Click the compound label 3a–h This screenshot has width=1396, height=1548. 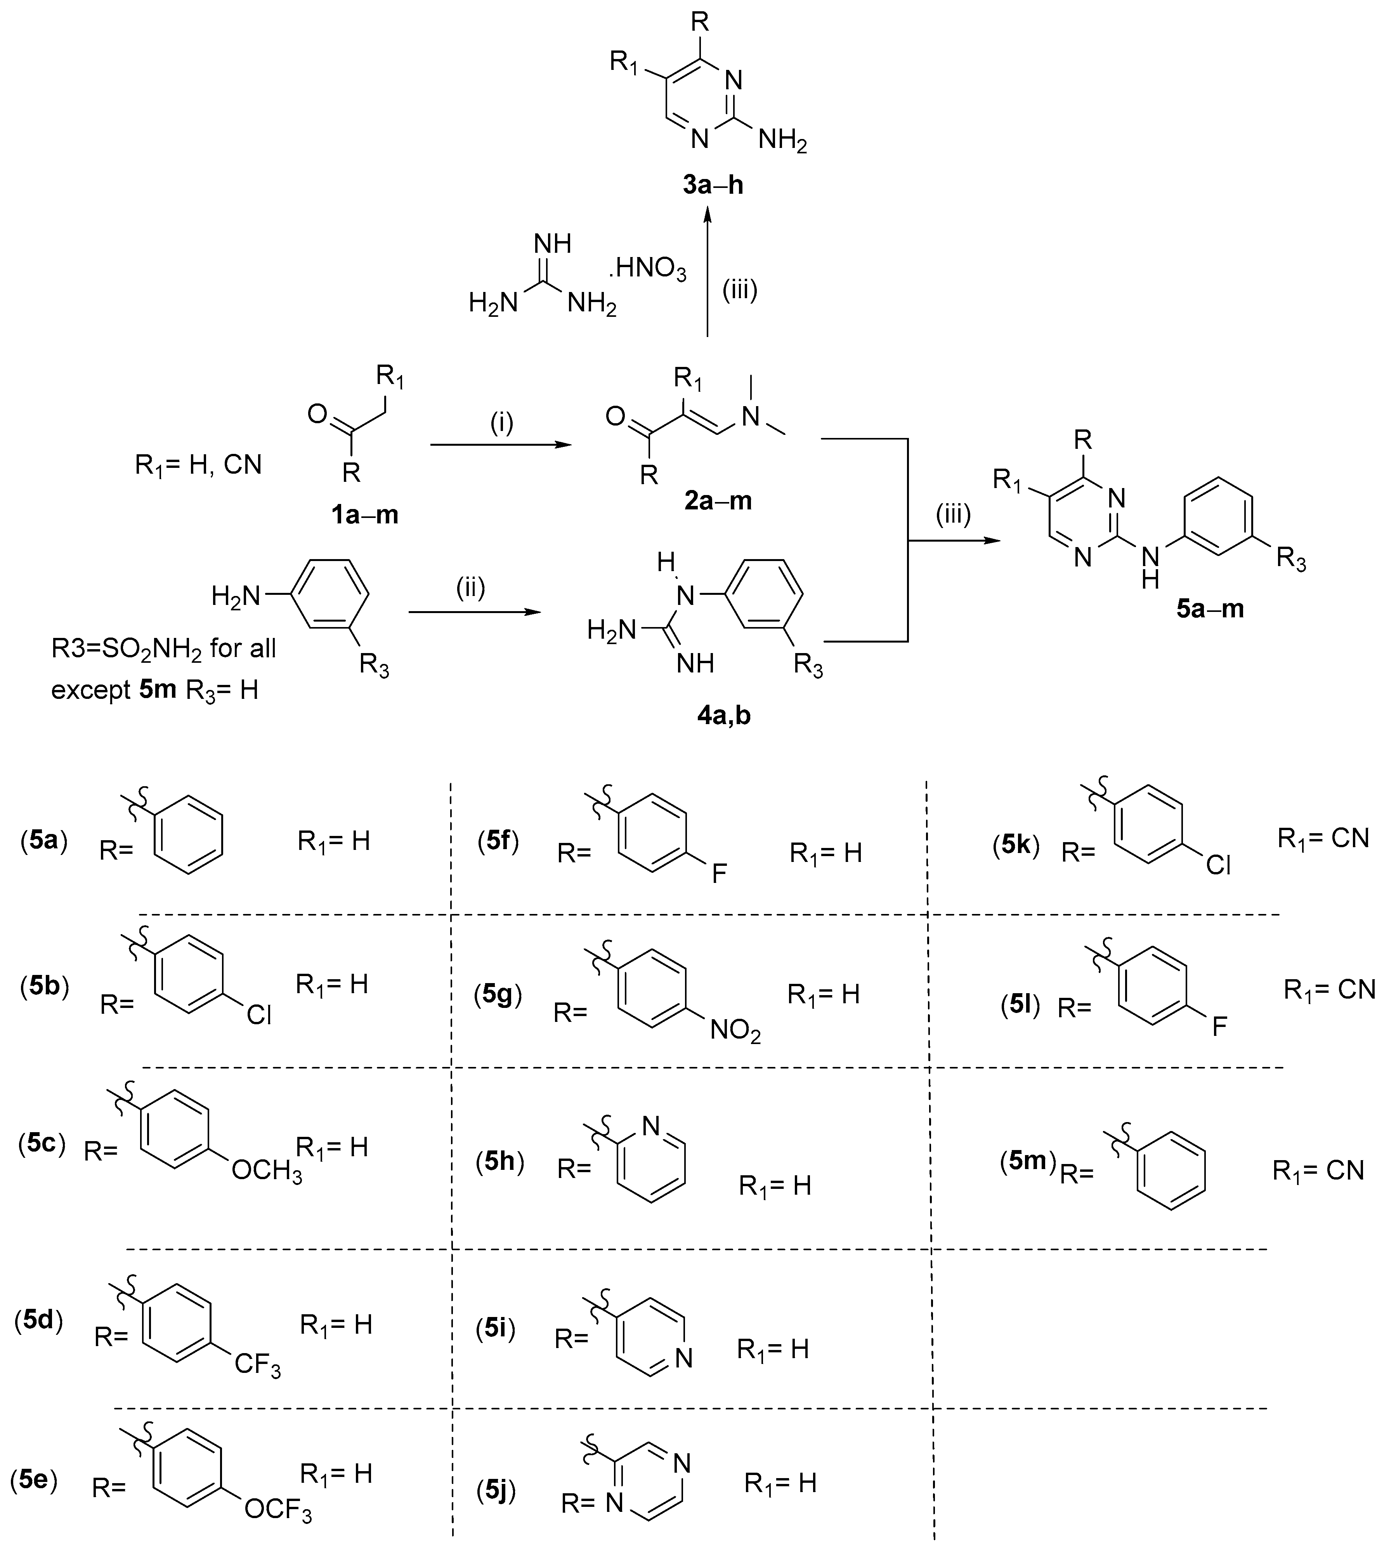[713, 186]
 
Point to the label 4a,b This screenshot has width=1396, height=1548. [720, 715]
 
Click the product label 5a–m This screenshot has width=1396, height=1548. [1210, 609]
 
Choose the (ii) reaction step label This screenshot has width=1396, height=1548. [471, 589]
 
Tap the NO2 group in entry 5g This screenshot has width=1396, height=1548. [735, 1031]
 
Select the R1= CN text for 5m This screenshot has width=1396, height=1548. [1318, 1170]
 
